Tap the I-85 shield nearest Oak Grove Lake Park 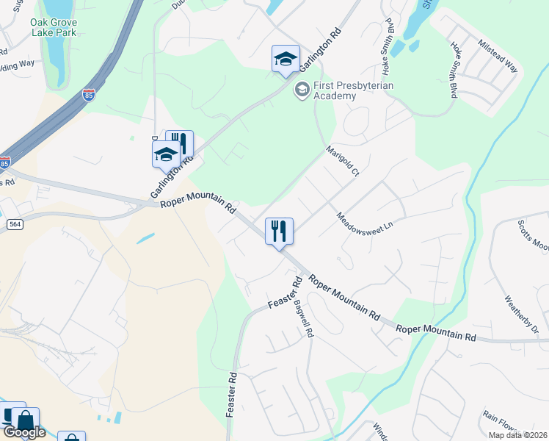coord(88,96)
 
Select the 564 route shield coord(14,223)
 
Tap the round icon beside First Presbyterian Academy coord(301,90)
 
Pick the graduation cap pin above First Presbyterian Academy coord(286,60)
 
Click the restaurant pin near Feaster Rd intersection coord(279,232)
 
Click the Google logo coord(23,432)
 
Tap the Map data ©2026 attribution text coord(517,435)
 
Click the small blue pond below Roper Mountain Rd coord(145,238)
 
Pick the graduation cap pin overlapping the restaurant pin coord(166,154)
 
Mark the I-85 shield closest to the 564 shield coord(4,162)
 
